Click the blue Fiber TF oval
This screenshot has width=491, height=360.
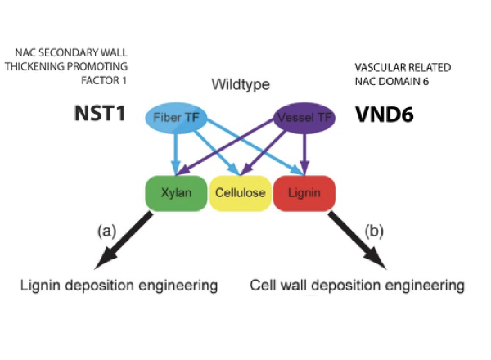coord(173,117)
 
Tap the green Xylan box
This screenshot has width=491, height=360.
coord(174,194)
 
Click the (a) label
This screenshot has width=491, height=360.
coord(109,231)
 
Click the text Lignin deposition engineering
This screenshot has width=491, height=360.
coord(119,286)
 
